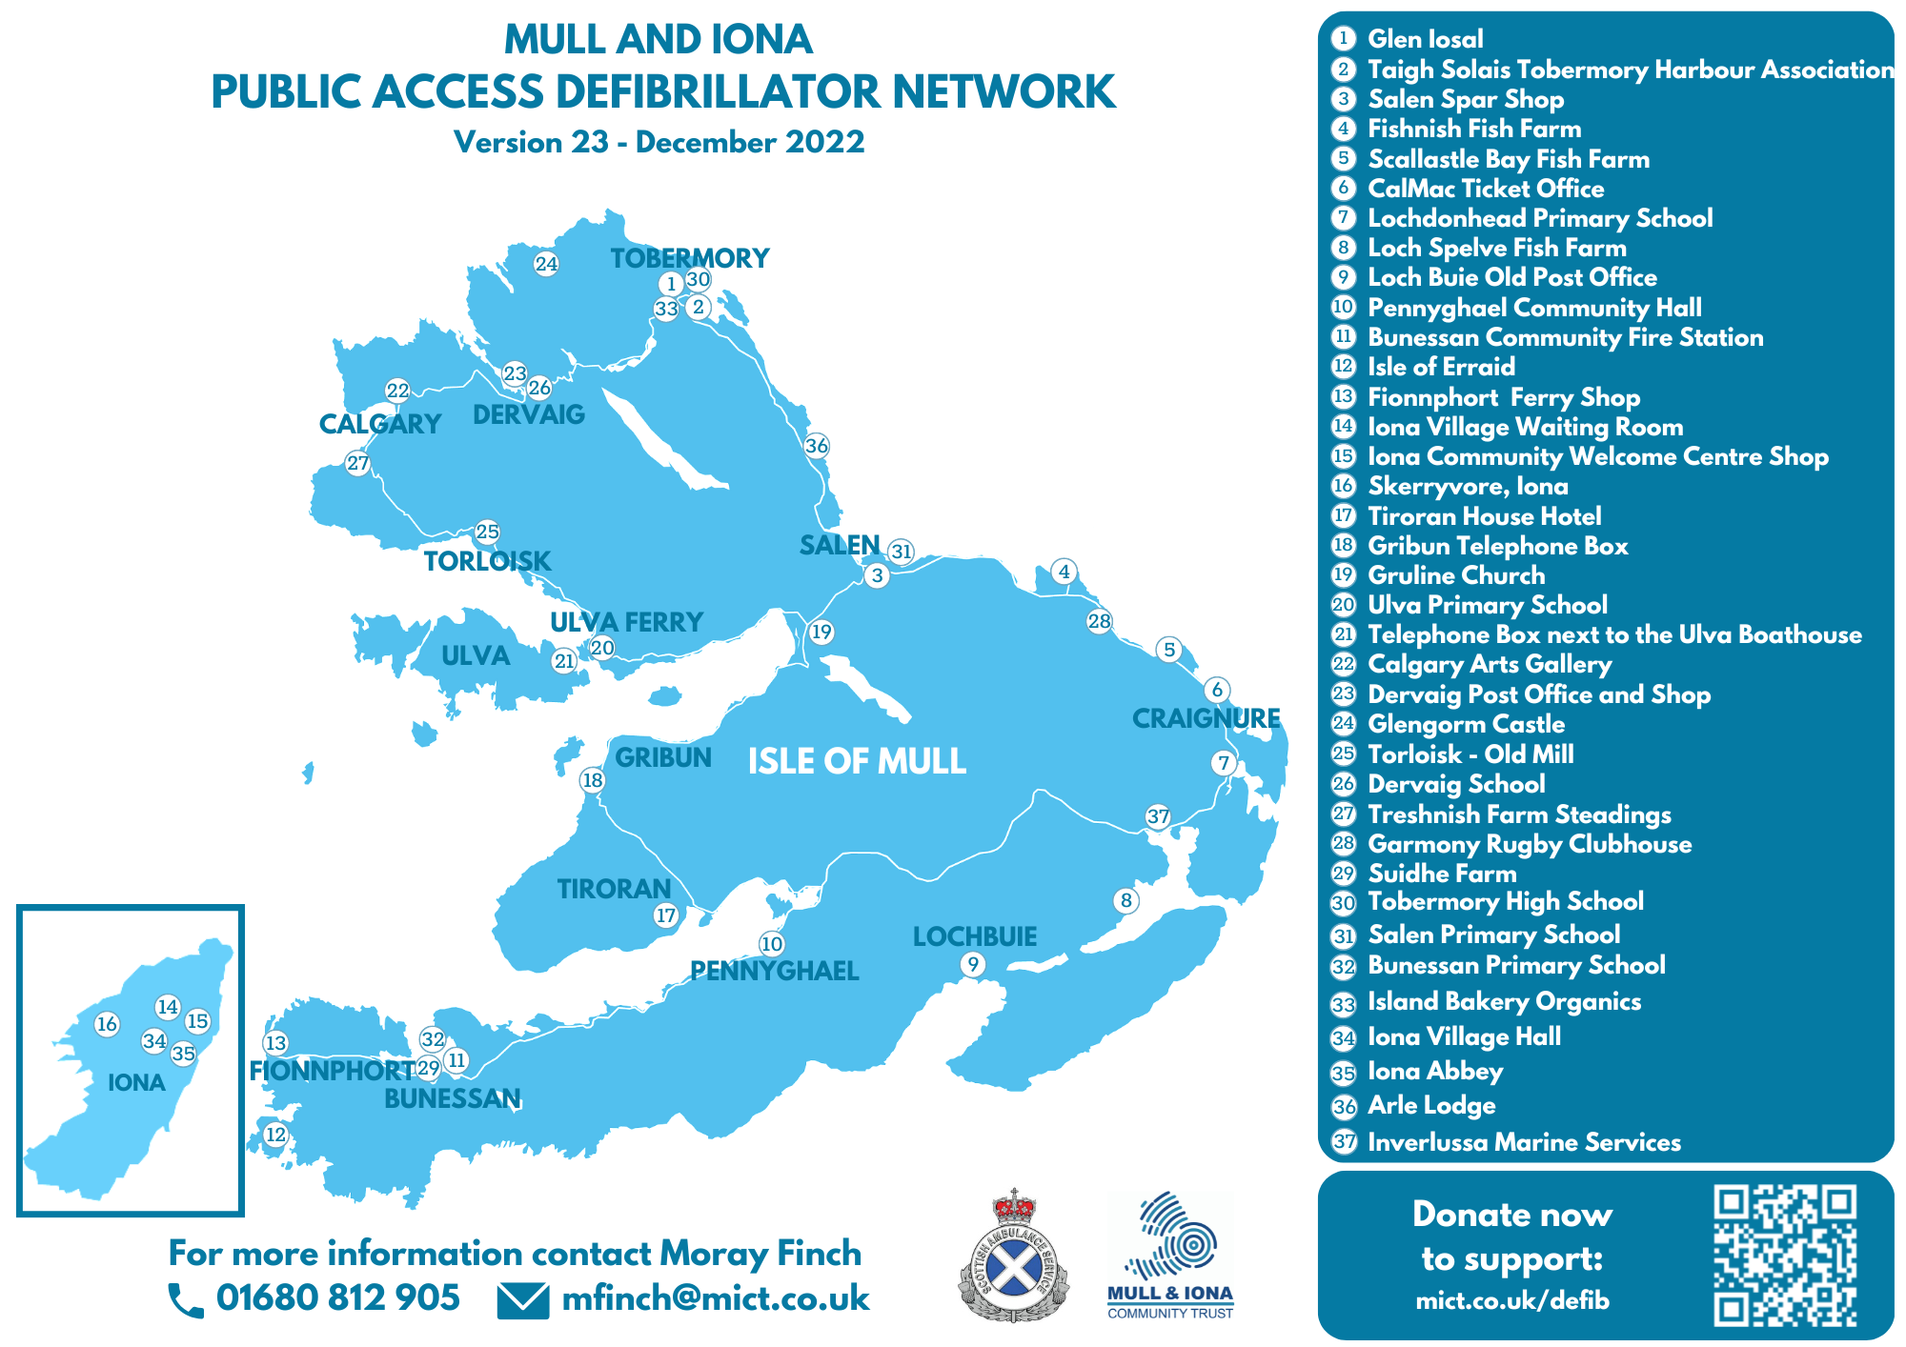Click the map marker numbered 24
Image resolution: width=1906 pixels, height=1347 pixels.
[546, 264]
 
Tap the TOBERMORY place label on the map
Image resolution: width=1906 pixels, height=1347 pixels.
[689, 258]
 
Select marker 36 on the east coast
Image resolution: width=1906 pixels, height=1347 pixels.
[817, 446]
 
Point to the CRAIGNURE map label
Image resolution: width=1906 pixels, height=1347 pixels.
[1206, 718]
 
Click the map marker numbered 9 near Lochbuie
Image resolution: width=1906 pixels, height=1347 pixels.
[972, 965]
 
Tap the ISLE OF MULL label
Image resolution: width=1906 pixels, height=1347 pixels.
[857, 761]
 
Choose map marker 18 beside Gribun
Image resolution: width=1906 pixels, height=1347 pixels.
[593, 781]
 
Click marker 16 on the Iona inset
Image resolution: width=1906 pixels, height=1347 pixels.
[107, 1024]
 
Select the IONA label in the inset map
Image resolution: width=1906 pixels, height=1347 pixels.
[137, 1082]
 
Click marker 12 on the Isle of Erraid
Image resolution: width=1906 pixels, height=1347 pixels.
[275, 1135]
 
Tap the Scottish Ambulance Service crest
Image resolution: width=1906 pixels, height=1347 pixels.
[1013, 1255]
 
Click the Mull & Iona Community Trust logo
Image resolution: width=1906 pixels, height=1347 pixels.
[1170, 1255]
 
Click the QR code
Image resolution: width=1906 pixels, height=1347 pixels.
[1785, 1256]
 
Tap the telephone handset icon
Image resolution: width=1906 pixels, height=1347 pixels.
[186, 1300]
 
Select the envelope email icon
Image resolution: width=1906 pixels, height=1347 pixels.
[523, 1300]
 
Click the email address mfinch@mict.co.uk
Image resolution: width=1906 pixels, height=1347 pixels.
[716, 1298]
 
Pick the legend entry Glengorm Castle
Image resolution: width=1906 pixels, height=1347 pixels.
[1466, 724]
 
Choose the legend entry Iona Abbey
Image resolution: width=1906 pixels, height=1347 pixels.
[1435, 1072]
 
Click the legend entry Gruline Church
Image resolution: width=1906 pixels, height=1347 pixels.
[1456, 575]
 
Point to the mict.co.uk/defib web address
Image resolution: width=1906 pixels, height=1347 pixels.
[1512, 1300]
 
